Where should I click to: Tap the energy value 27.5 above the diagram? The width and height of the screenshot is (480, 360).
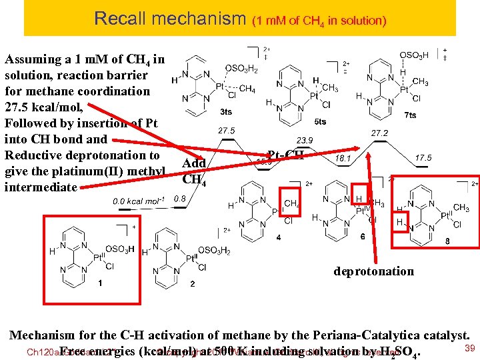(x=227, y=131)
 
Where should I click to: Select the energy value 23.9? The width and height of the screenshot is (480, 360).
(x=305, y=140)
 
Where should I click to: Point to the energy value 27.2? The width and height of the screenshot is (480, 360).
(x=381, y=133)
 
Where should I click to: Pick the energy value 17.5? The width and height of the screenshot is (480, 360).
(x=423, y=158)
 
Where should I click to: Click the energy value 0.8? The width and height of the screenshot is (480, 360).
(x=179, y=198)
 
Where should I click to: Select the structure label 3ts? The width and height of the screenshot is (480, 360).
(x=226, y=111)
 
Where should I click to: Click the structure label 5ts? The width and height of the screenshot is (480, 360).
(x=320, y=121)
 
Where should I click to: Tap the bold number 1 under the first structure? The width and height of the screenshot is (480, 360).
(x=99, y=283)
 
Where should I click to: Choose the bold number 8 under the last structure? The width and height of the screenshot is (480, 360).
(x=447, y=242)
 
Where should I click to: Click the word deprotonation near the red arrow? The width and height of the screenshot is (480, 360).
(x=374, y=271)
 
